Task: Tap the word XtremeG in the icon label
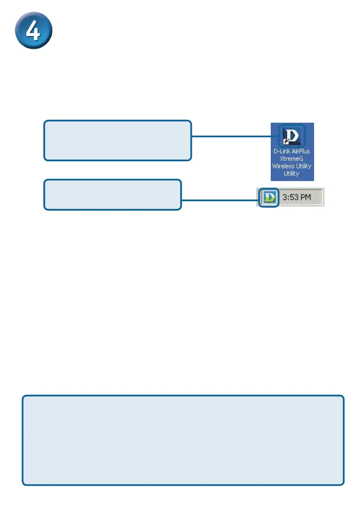coord(292,159)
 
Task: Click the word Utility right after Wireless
coord(304,166)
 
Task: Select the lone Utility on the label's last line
coord(292,173)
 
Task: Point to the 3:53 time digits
coord(291,198)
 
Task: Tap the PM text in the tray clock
coord(310,198)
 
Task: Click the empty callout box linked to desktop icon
coord(118,140)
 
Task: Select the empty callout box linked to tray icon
coord(112,195)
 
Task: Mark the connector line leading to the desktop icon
coord(232,136)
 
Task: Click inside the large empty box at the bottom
coord(183,440)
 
